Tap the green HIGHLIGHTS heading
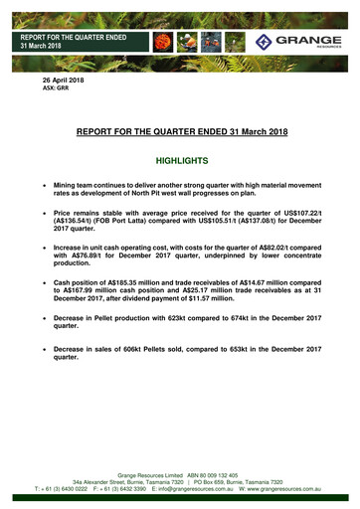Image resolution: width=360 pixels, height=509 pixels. (180, 159)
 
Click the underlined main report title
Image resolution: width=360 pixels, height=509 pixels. (180, 130)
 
